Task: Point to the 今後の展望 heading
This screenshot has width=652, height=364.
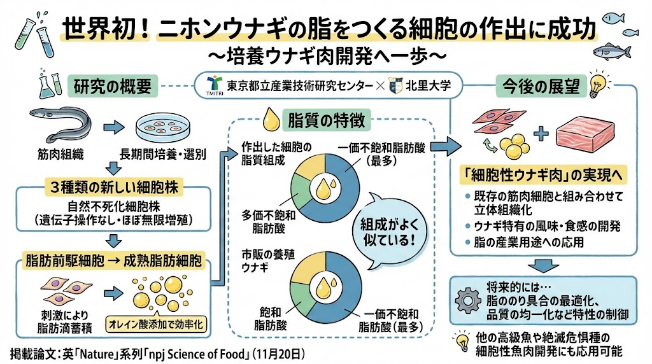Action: click(532, 87)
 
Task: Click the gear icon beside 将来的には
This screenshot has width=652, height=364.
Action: click(470, 298)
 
